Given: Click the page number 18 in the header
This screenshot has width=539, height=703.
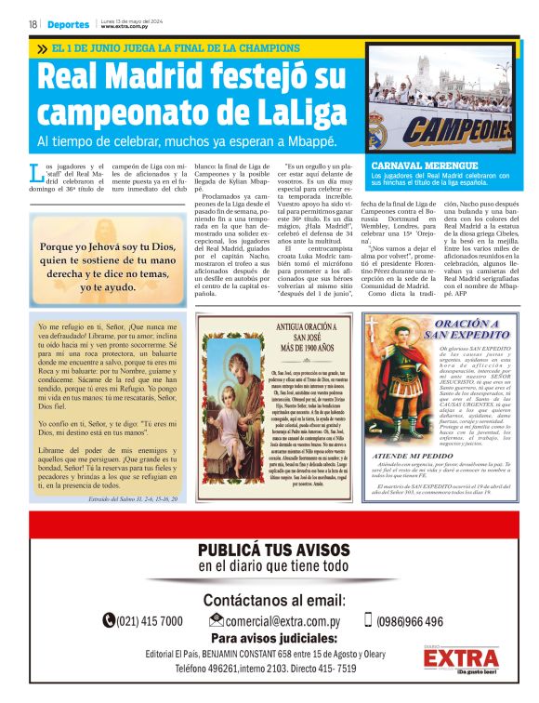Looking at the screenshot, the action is (x=33, y=24).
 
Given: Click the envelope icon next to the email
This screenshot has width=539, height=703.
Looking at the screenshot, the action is (x=217, y=620).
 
